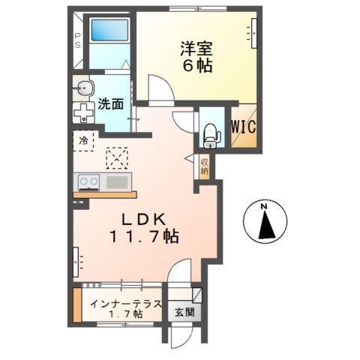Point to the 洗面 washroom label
109,105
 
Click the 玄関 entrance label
184,312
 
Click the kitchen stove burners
89,181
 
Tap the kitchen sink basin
117,181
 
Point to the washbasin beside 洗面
81,86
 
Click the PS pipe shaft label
76,41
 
